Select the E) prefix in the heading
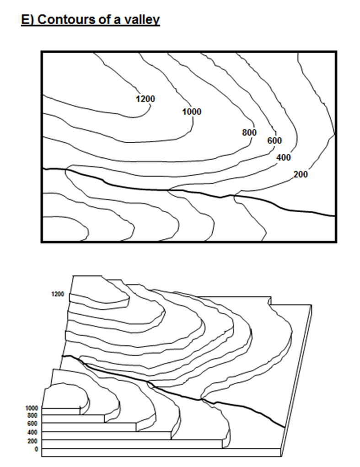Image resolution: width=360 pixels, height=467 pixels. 28,20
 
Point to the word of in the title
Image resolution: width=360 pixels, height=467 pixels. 107,20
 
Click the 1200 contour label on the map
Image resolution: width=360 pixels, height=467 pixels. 145,99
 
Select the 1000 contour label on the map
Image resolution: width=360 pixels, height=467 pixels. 191,112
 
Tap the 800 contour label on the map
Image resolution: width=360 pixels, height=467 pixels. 249,133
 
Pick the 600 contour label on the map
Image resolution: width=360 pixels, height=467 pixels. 274,140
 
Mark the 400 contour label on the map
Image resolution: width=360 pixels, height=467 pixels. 284,158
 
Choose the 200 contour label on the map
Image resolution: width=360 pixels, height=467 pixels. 301,174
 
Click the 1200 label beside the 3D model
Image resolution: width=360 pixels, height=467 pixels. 58,295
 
